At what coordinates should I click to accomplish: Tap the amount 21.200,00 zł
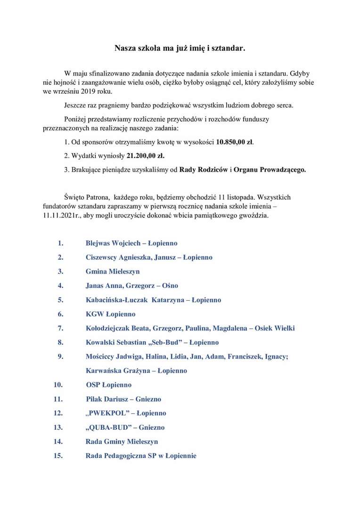tap(146, 156)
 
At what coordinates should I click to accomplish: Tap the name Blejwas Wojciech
tap(113, 243)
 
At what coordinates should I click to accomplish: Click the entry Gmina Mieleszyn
tap(113, 271)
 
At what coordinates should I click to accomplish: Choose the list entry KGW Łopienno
tap(110, 314)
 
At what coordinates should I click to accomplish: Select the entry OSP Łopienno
tap(109, 385)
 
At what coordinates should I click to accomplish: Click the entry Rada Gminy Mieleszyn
tap(122, 442)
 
